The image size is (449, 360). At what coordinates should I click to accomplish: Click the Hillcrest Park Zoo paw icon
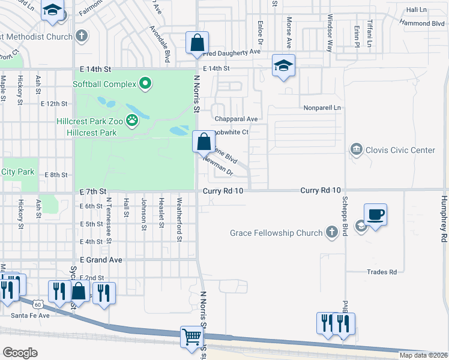(132, 121)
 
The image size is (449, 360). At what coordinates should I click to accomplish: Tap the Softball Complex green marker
(145, 83)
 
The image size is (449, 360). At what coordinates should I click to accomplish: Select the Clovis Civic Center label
(400, 150)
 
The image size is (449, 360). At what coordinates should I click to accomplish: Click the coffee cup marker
(375, 214)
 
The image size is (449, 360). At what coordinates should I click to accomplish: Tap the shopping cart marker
(191, 337)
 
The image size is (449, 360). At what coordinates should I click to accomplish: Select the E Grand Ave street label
(101, 260)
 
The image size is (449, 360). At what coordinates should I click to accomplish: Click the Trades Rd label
(382, 272)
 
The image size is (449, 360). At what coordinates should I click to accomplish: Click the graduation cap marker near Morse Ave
(283, 66)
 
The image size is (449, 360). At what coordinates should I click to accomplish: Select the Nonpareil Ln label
(322, 107)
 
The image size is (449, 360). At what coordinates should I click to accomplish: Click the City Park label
(18, 172)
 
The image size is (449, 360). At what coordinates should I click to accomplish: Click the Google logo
(20, 353)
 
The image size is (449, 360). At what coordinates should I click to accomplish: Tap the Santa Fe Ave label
(31, 314)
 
